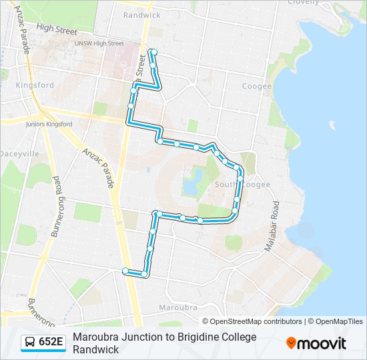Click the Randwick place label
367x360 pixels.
tap(142, 15)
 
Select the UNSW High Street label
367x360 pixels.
tap(99, 43)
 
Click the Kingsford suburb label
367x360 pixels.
tap(35, 85)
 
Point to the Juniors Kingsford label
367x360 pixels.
tap(48, 124)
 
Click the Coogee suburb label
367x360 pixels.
tap(257, 86)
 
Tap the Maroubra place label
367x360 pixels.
tap(178, 307)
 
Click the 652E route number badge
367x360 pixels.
tap(51, 343)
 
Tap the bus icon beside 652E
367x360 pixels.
tap(30, 343)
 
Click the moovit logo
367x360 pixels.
tap(316, 343)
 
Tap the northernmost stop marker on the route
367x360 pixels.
tap(152, 51)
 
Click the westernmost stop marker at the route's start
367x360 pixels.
tap(125, 270)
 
